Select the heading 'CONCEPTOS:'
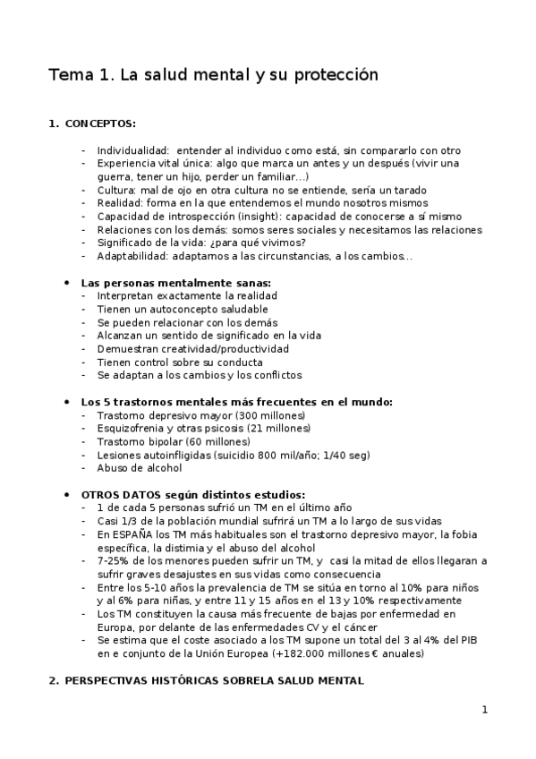(x=100, y=124)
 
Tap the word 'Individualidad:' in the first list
(x=133, y=150)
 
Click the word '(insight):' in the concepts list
(x=268, y=217)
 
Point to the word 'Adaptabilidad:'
(x=134, y=257)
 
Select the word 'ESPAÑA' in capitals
(x=132, y=534)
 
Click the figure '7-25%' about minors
(x=114, y=560)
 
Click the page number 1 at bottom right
(x=484, y=711)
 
